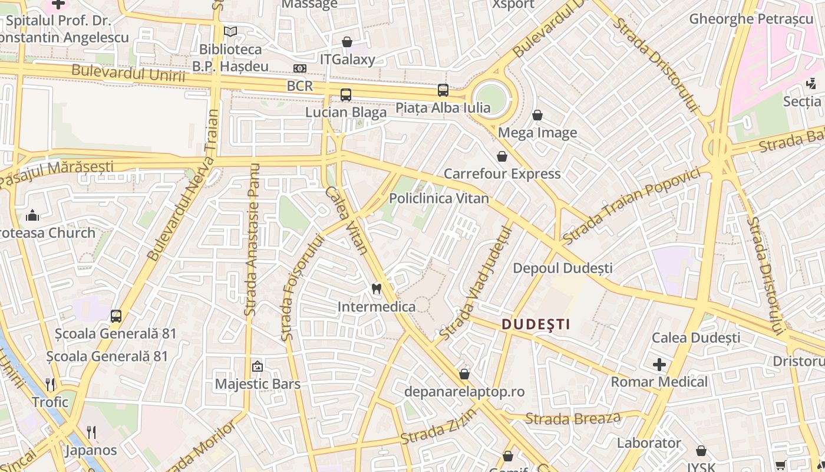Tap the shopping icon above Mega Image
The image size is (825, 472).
tap(537, 114)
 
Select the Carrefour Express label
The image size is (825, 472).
tap(502, 173)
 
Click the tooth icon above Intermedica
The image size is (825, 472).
tap(377, 289)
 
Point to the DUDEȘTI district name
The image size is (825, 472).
tap(536, 324)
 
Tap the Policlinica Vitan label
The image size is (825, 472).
tap(439, 198)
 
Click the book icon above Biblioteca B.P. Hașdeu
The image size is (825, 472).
tap(230, 31)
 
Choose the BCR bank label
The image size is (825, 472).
tap(300, 86)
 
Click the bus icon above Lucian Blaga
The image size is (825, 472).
tap(346, 94)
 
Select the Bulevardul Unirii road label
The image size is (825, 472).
tap(128, 74)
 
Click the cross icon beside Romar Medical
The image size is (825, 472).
tap(659, 365)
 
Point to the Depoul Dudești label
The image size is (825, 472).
tap(563, 268)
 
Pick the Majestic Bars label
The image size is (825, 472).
tap(258, 384)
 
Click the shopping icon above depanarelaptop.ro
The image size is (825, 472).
tap(464, 374)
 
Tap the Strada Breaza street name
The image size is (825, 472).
tap(573, 419)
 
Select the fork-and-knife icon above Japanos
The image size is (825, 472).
tap(91, 432)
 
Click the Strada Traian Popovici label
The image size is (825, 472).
tap(631, 205)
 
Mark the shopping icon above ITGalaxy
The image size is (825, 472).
tap(347, 42)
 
